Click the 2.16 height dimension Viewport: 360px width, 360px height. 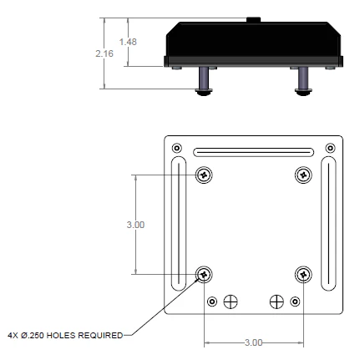tap(104, 52)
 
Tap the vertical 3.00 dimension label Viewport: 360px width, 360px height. tap(135, 225)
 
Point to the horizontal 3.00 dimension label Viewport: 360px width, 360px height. tap(254, 342)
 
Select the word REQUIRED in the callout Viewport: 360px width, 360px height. tap(103, 336)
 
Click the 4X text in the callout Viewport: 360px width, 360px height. tap(11, 336)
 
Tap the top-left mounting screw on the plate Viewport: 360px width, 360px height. tap(205, 175)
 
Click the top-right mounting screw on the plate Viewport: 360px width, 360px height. tap(304, 175)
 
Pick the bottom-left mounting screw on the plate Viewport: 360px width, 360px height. tap(205, 274)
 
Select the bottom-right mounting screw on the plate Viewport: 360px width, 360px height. tap(304, 274)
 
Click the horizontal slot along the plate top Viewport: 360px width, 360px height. tap(254, 152)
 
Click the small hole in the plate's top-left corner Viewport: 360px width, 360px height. tap(176, 149)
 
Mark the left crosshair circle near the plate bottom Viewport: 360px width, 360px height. tap(231, 300)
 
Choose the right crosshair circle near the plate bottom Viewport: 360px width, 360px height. tap(277, 300)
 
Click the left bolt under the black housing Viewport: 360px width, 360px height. tap(205, 82)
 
